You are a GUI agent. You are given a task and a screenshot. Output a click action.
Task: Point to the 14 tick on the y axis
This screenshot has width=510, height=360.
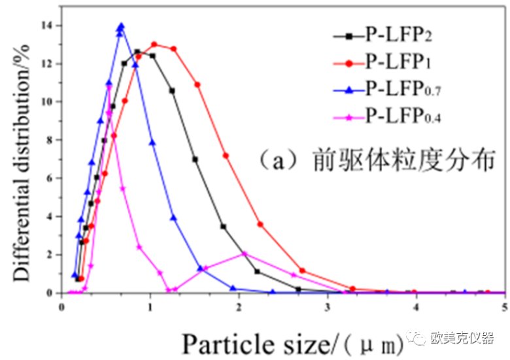click(48, 25)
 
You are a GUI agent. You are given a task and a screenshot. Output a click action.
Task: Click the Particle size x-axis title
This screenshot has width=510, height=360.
click(275, 342)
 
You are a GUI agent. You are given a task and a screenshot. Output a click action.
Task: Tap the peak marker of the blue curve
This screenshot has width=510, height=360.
click(121, 27)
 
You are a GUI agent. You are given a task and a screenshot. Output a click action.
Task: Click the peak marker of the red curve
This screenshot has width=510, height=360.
click(154, 44)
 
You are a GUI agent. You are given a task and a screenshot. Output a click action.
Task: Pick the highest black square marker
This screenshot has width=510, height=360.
click(137, 52)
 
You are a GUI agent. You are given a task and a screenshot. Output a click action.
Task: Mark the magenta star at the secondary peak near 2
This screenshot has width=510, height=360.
click(245, 254)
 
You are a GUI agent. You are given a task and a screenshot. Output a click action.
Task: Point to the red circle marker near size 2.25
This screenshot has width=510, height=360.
click(260, 224)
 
